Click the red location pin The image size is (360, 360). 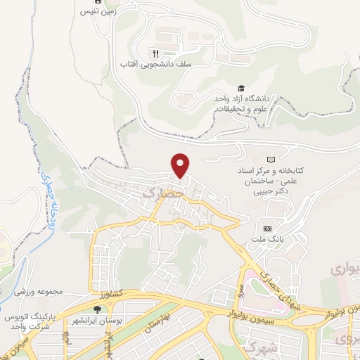(181, 165)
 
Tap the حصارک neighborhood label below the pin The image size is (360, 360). (162, 191)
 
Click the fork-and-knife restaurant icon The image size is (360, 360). (155, 53)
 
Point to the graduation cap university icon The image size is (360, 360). (241, 89)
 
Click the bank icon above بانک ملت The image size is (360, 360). (268, 228)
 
